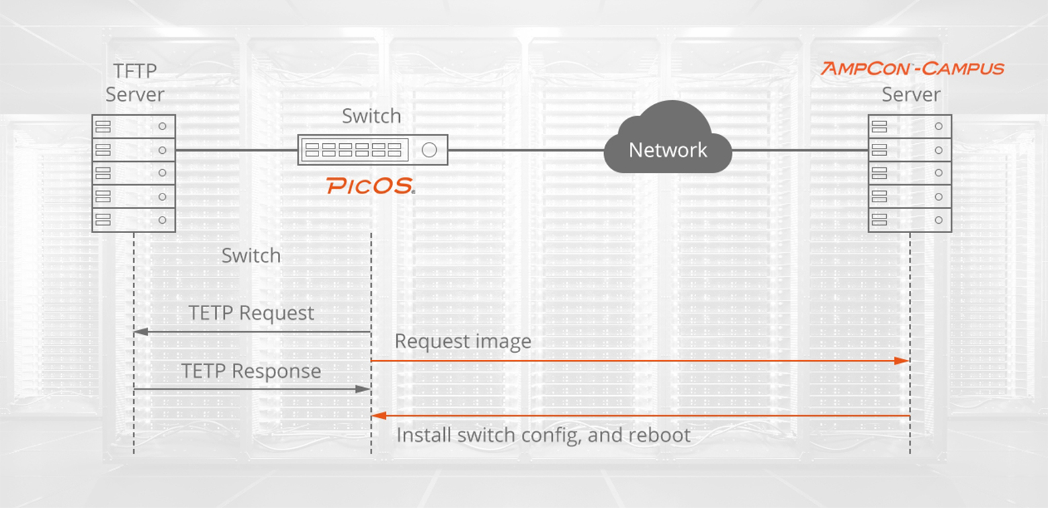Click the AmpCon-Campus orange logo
click(912, 69)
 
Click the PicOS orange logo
click(370, 186)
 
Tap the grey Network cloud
click(667, 142)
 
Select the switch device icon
click(373, 150)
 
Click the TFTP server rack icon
click(134, 173)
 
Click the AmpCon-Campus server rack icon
click(910, 173)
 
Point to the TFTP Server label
click(135, 82)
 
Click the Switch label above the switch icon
click(371, 116)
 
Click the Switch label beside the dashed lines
click(251, 255)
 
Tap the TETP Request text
click(251, 313)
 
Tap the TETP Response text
click(251, 371)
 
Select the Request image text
click(462, 341)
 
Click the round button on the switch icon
click(429, 150)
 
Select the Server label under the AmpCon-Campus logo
click(911, 95)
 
